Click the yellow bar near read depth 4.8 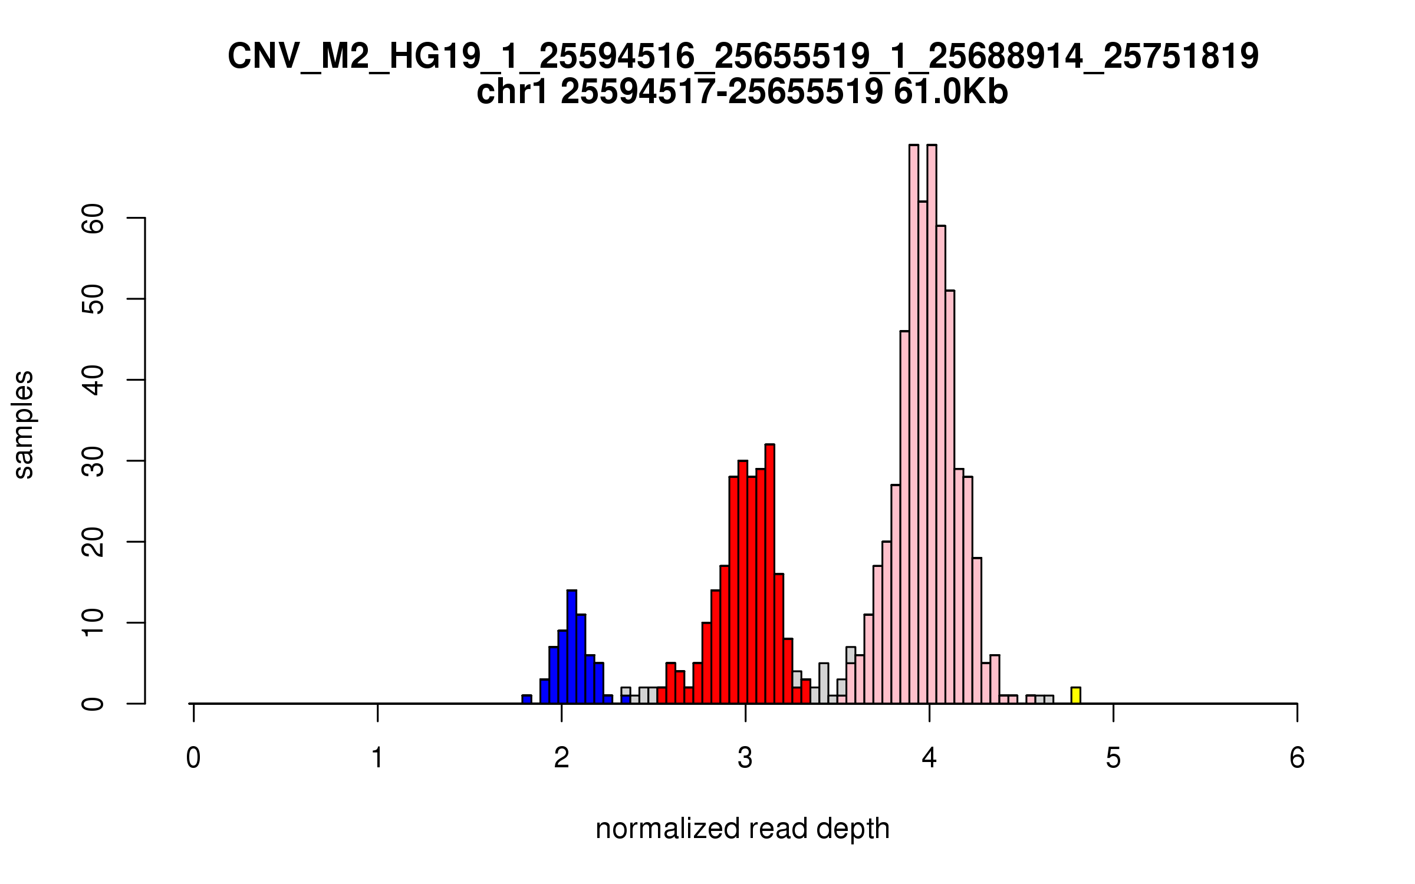click(x=1076, y=695)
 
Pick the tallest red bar click(x=769, y=574)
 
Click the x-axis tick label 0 click(x=193, y=758)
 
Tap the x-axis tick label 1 click(x=377, y=758)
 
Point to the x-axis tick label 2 click(x=561, y=758)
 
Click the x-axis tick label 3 click(x=745, y=758)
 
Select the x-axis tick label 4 click(x=929, y=758)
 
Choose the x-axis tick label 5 click(x=1113, y=758)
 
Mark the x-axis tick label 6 click(x=1297, y=758)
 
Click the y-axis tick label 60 click(x=93, y=219)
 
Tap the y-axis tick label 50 click(x=93, y=299)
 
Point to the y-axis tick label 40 click(x=93, y=380)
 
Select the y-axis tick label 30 click(x=93, y=461)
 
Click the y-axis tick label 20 click(x=93, y=542)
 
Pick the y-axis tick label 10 click(x=93, y=623)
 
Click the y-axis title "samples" click(x=24, y=424)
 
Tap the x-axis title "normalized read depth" click(x=742, y=829)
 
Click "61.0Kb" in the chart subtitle click(x=950, y=92)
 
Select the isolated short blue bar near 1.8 click(x=526, y=700)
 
